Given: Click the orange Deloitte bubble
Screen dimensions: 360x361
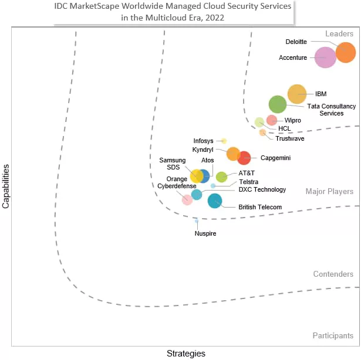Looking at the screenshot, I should pyautogui.click(x=345, y=52).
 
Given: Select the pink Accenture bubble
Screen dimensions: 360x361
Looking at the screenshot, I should pyautogui.click(x=325, y=57).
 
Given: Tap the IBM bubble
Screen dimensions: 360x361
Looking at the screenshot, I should pyautogui.click(x=297, y=94).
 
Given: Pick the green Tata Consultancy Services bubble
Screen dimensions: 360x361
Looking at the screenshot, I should pyautogui.click(x=278, y=104).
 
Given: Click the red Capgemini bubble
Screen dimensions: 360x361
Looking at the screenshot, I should pyautogui.click(x=244, y=158).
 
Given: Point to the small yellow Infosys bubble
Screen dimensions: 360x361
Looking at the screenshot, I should pyautogui.click(x=224, y=141).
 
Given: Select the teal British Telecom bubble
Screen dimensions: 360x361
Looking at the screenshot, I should pyautogui.click(x=215, y=201).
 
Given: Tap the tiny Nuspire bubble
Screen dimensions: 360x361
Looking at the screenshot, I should pyautogui.click(x=197, y=221).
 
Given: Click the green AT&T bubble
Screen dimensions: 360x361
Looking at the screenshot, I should pyautogui.click(x=221, y=177).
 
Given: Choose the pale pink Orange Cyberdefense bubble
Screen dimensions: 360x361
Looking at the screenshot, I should pyautogui.click(x=187, y=200).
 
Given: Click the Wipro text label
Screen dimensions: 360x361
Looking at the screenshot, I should pyautogui.click(x=292, y=120).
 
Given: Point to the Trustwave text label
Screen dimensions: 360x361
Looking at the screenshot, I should pyautogui.click(x=290, y=138).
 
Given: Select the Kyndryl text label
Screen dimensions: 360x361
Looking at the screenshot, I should pyautogui.click(x=204, y=150).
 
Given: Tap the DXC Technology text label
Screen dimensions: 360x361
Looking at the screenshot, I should pyautogui.click(x=262, y=189).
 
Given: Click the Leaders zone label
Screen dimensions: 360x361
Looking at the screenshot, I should pyautogui.click(x=339, y=34).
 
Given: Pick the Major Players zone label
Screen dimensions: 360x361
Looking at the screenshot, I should pyautogui.click(x=329, y=192).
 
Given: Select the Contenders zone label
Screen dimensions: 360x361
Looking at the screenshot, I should pyautogui.click(x=333, y=274).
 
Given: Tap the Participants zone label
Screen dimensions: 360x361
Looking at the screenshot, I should pyautogui.click(x=333, y=335).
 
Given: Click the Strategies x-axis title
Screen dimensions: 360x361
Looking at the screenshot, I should pyautogui.click(x=186, y=353).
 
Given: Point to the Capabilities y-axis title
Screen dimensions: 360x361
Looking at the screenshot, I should pyautogui.click(x=6, y=186).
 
